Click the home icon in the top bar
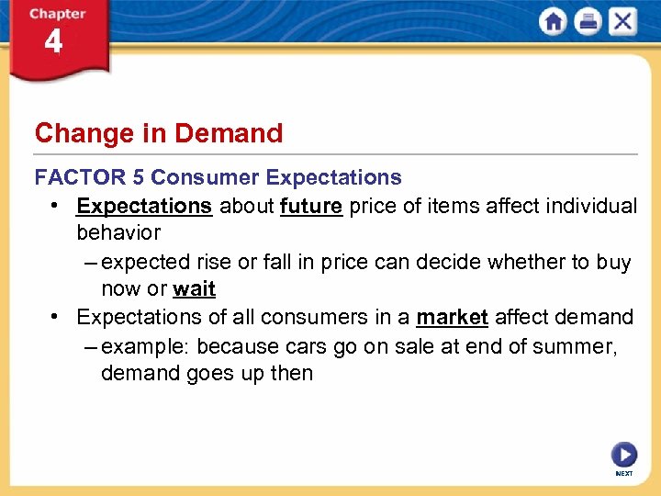pyautogui.click(x=554, y=21)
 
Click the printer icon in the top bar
pyautogui.click(x=588, y=21)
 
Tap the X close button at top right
pyautogui.click(x=622, y=21)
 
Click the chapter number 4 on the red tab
pyautogui.click(x=53, y=43)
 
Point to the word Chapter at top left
pyautogui.click(x=58, y=14)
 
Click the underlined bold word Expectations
pyautogui.click(x=144, y=206)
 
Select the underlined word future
pyautogui.click(x=312, y=206)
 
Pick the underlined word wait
pyautogui.click(x=194, y=289)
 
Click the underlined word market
pyautogui.click(x=452, y=318)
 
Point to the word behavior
pyautogui.click(x=118, y=233)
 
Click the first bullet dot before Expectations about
pyautogui.click(x=57, y=206)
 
